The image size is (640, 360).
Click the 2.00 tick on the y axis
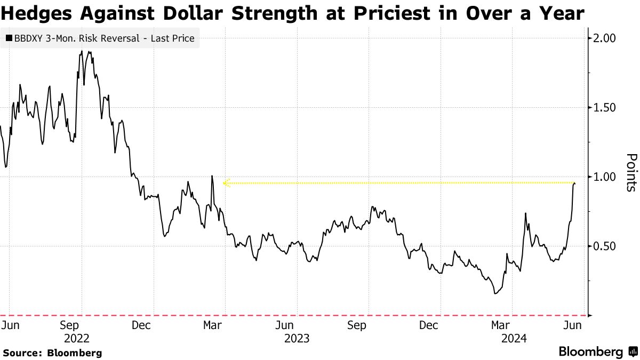click(x=605, y=38)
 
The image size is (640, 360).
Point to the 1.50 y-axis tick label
click(x=605, y=108)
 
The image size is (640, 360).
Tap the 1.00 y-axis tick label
click(x=605, y=177)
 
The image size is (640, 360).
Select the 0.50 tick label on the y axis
click(x=605, y=246)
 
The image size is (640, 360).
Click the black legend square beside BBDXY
click(x=9, y=38)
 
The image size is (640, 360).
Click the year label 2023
click(x=297, y=338)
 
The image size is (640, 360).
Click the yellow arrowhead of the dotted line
click(x=226, y=183)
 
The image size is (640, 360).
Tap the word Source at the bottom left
click(x=21, y=353)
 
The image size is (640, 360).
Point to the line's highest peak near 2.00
click(x=82, y=51)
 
